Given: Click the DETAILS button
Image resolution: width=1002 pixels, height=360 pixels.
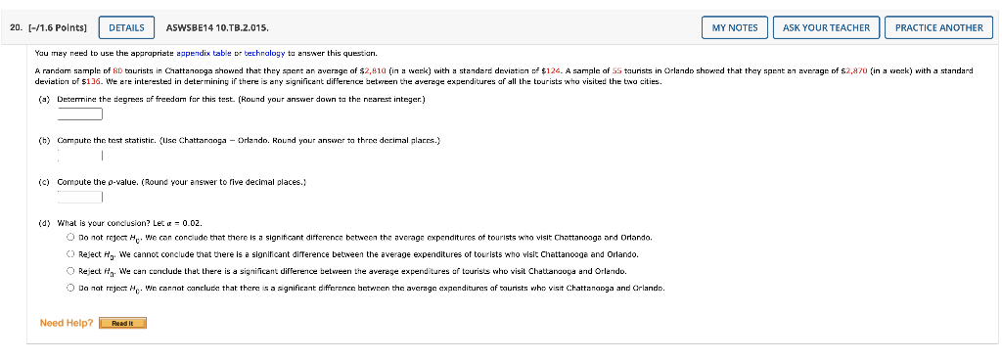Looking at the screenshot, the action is coord(126,27).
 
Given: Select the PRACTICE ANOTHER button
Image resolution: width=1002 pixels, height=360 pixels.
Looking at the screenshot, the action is coord(938,27).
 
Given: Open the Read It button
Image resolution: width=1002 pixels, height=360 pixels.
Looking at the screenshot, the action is coord(122,323).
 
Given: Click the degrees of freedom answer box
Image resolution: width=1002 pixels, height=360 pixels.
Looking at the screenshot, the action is coord(80,113).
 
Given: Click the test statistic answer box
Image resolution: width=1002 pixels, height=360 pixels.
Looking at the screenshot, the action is coord(80,155).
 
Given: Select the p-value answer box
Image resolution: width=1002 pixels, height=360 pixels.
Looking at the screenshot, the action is coord(80,197).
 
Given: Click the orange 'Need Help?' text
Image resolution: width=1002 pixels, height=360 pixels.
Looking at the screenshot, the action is coord(67,323).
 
